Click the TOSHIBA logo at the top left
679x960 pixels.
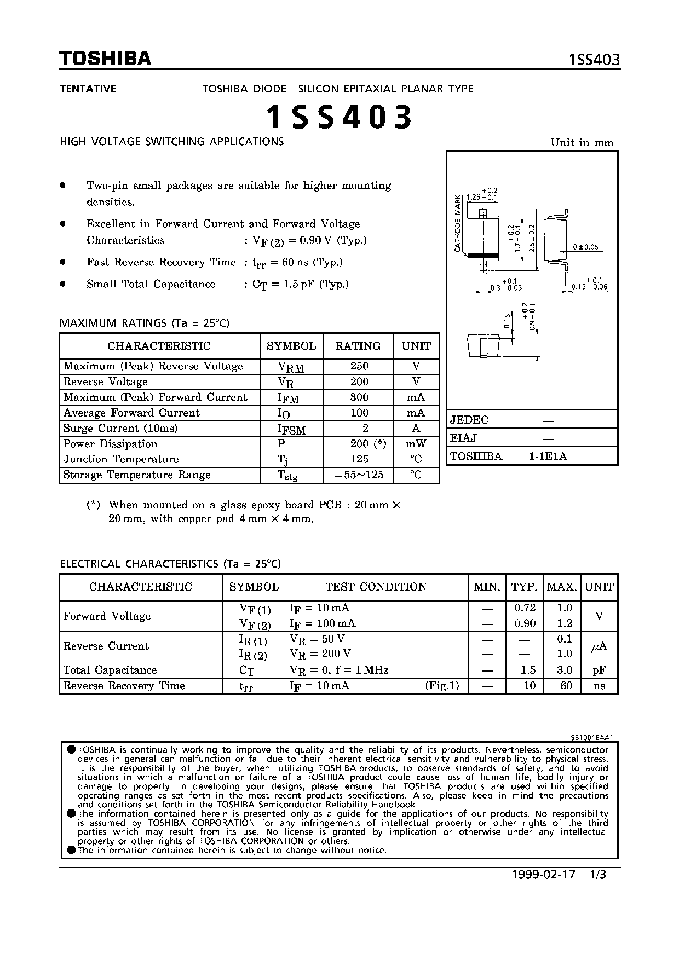coord(105,59)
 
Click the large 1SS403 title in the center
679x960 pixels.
coord(339,117)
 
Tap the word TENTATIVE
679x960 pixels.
coord(88,89)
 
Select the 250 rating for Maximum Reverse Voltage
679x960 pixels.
coord(359,366)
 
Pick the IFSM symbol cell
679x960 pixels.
coord(291,429)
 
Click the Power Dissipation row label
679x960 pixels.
coord(110,444)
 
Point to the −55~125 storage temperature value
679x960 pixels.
coord(359,475)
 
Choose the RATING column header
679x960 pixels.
coord(358,346)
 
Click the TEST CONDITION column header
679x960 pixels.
coord(376,587)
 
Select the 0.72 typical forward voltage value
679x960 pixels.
coord(525,608)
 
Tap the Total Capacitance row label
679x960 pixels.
coord(110,670)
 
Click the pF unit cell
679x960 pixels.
coord(599,670)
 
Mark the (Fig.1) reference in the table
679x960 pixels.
coord(442,685)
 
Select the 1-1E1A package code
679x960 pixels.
coord(548,456)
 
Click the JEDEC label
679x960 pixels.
coord(469,420)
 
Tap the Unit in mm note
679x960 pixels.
coord(582,143)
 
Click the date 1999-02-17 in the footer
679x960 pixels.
coord(544,874)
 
